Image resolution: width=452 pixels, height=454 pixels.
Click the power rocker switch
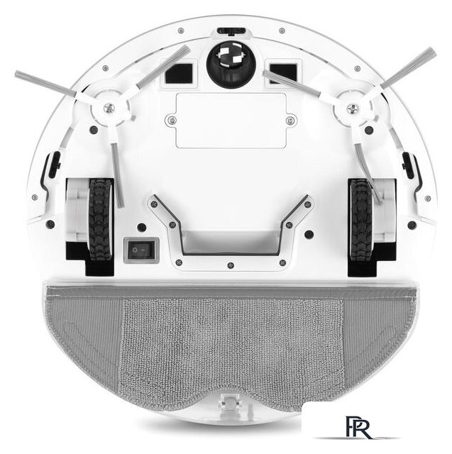[x=141, y=250]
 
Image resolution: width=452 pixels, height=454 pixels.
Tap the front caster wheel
[x=231, y=65]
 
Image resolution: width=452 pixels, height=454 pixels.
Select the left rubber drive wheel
[x=100, y=219]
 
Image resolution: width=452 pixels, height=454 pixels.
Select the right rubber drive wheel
[x=360, y=219]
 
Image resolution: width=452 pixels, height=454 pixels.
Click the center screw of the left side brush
[x=109, y=109]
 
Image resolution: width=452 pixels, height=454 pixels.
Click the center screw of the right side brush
[x=353, y=109]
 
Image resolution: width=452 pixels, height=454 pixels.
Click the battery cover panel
[x=231, y=121]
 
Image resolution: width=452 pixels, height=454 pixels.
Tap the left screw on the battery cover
[x=172, y=120]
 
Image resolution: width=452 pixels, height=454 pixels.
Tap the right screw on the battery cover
[x=290, y=120]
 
